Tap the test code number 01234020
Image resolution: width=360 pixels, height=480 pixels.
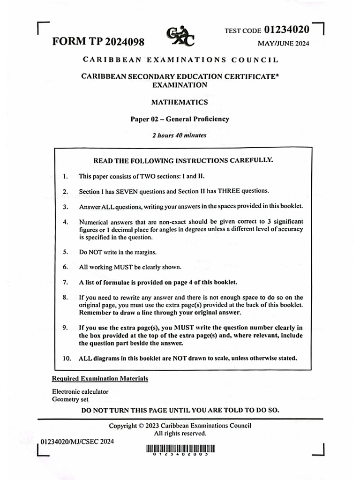pos(287,30)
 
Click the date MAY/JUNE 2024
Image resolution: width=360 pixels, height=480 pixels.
pos(284,44)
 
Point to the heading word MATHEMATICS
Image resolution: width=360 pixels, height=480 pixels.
pos(180,102)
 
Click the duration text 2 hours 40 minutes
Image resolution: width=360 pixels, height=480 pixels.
pos(180,135)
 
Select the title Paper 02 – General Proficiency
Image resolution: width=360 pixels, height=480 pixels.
pos(180,119)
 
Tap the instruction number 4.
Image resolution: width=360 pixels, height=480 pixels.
pos(66,222)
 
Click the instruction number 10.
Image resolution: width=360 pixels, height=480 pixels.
pos(67,359)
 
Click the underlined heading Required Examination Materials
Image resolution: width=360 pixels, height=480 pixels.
pos(100,378)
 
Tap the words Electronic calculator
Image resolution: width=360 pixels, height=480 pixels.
pos(80,391)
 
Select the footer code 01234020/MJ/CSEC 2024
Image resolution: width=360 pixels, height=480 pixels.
pos(77,442)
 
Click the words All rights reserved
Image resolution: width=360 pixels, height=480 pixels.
pos(180,434)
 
